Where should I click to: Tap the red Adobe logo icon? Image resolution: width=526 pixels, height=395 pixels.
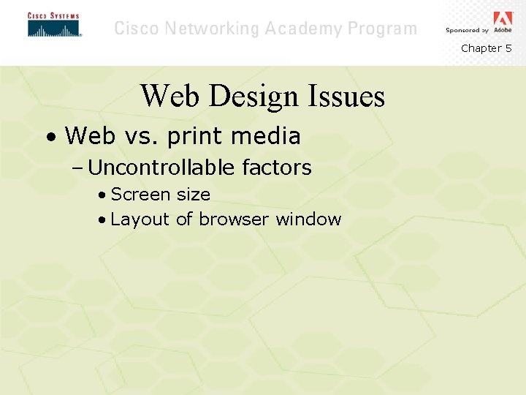click(x=503, y=18)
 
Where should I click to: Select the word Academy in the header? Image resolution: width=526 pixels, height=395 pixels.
click(x=304, y=29)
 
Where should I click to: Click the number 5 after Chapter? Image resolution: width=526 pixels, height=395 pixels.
click(x=508, y=48)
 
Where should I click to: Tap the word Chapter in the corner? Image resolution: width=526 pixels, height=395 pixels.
click(x=481, y=48)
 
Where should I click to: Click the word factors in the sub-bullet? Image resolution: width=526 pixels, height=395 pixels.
click(x=276, y=168)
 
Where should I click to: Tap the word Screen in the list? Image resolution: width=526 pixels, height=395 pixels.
click(x=140, y=195)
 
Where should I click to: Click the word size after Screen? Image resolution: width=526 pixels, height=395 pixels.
click(x=193, y=195)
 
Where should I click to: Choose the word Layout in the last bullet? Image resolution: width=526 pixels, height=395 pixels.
click(x=140, y=219)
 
